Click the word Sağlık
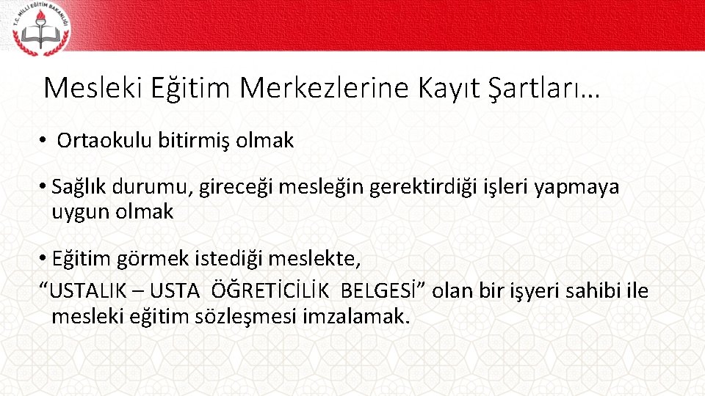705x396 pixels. click(x=80, y=188)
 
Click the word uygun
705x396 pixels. click(x=76, y=213)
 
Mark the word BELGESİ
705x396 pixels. click(x=382, y=291)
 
